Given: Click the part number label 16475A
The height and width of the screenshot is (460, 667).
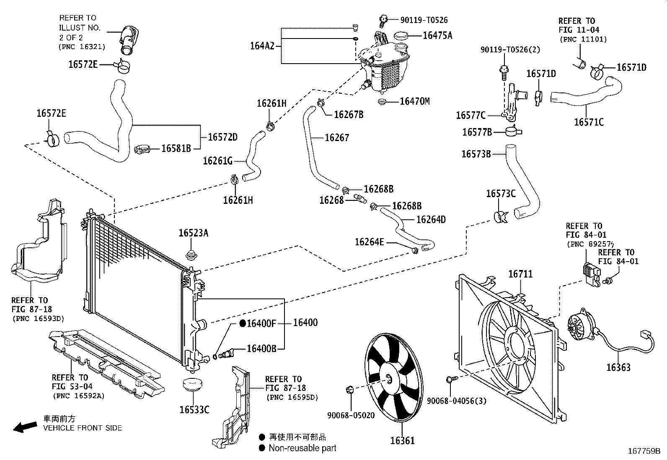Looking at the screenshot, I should (437, 36).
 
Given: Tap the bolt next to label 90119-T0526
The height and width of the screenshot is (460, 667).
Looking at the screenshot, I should (383, 19).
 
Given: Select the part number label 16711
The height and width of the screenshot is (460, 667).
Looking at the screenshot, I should (520, 274).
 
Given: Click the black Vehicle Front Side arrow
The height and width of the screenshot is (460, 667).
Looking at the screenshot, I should (25, 427).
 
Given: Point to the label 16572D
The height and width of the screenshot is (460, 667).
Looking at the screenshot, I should (222, 137).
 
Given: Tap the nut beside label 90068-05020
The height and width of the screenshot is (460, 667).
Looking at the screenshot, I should (351, 390).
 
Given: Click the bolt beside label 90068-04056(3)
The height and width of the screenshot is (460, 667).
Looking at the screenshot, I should (452, 379).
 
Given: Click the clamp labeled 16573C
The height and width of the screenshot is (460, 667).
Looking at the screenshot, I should (500, 217).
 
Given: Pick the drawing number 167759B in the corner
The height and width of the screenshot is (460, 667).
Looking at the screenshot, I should (644, 452).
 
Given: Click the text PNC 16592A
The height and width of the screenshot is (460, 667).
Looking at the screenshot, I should (78, 396).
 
